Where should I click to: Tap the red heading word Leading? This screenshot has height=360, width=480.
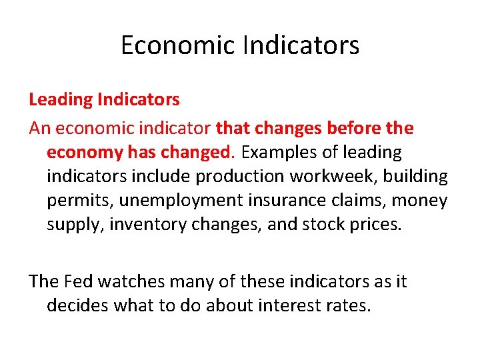pyautogui.click(x=61, y=100)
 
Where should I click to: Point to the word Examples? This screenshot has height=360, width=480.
pyautogui.click(x=279, y=152)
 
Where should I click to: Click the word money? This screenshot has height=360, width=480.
pyautogui.click(x=423, y=200)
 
